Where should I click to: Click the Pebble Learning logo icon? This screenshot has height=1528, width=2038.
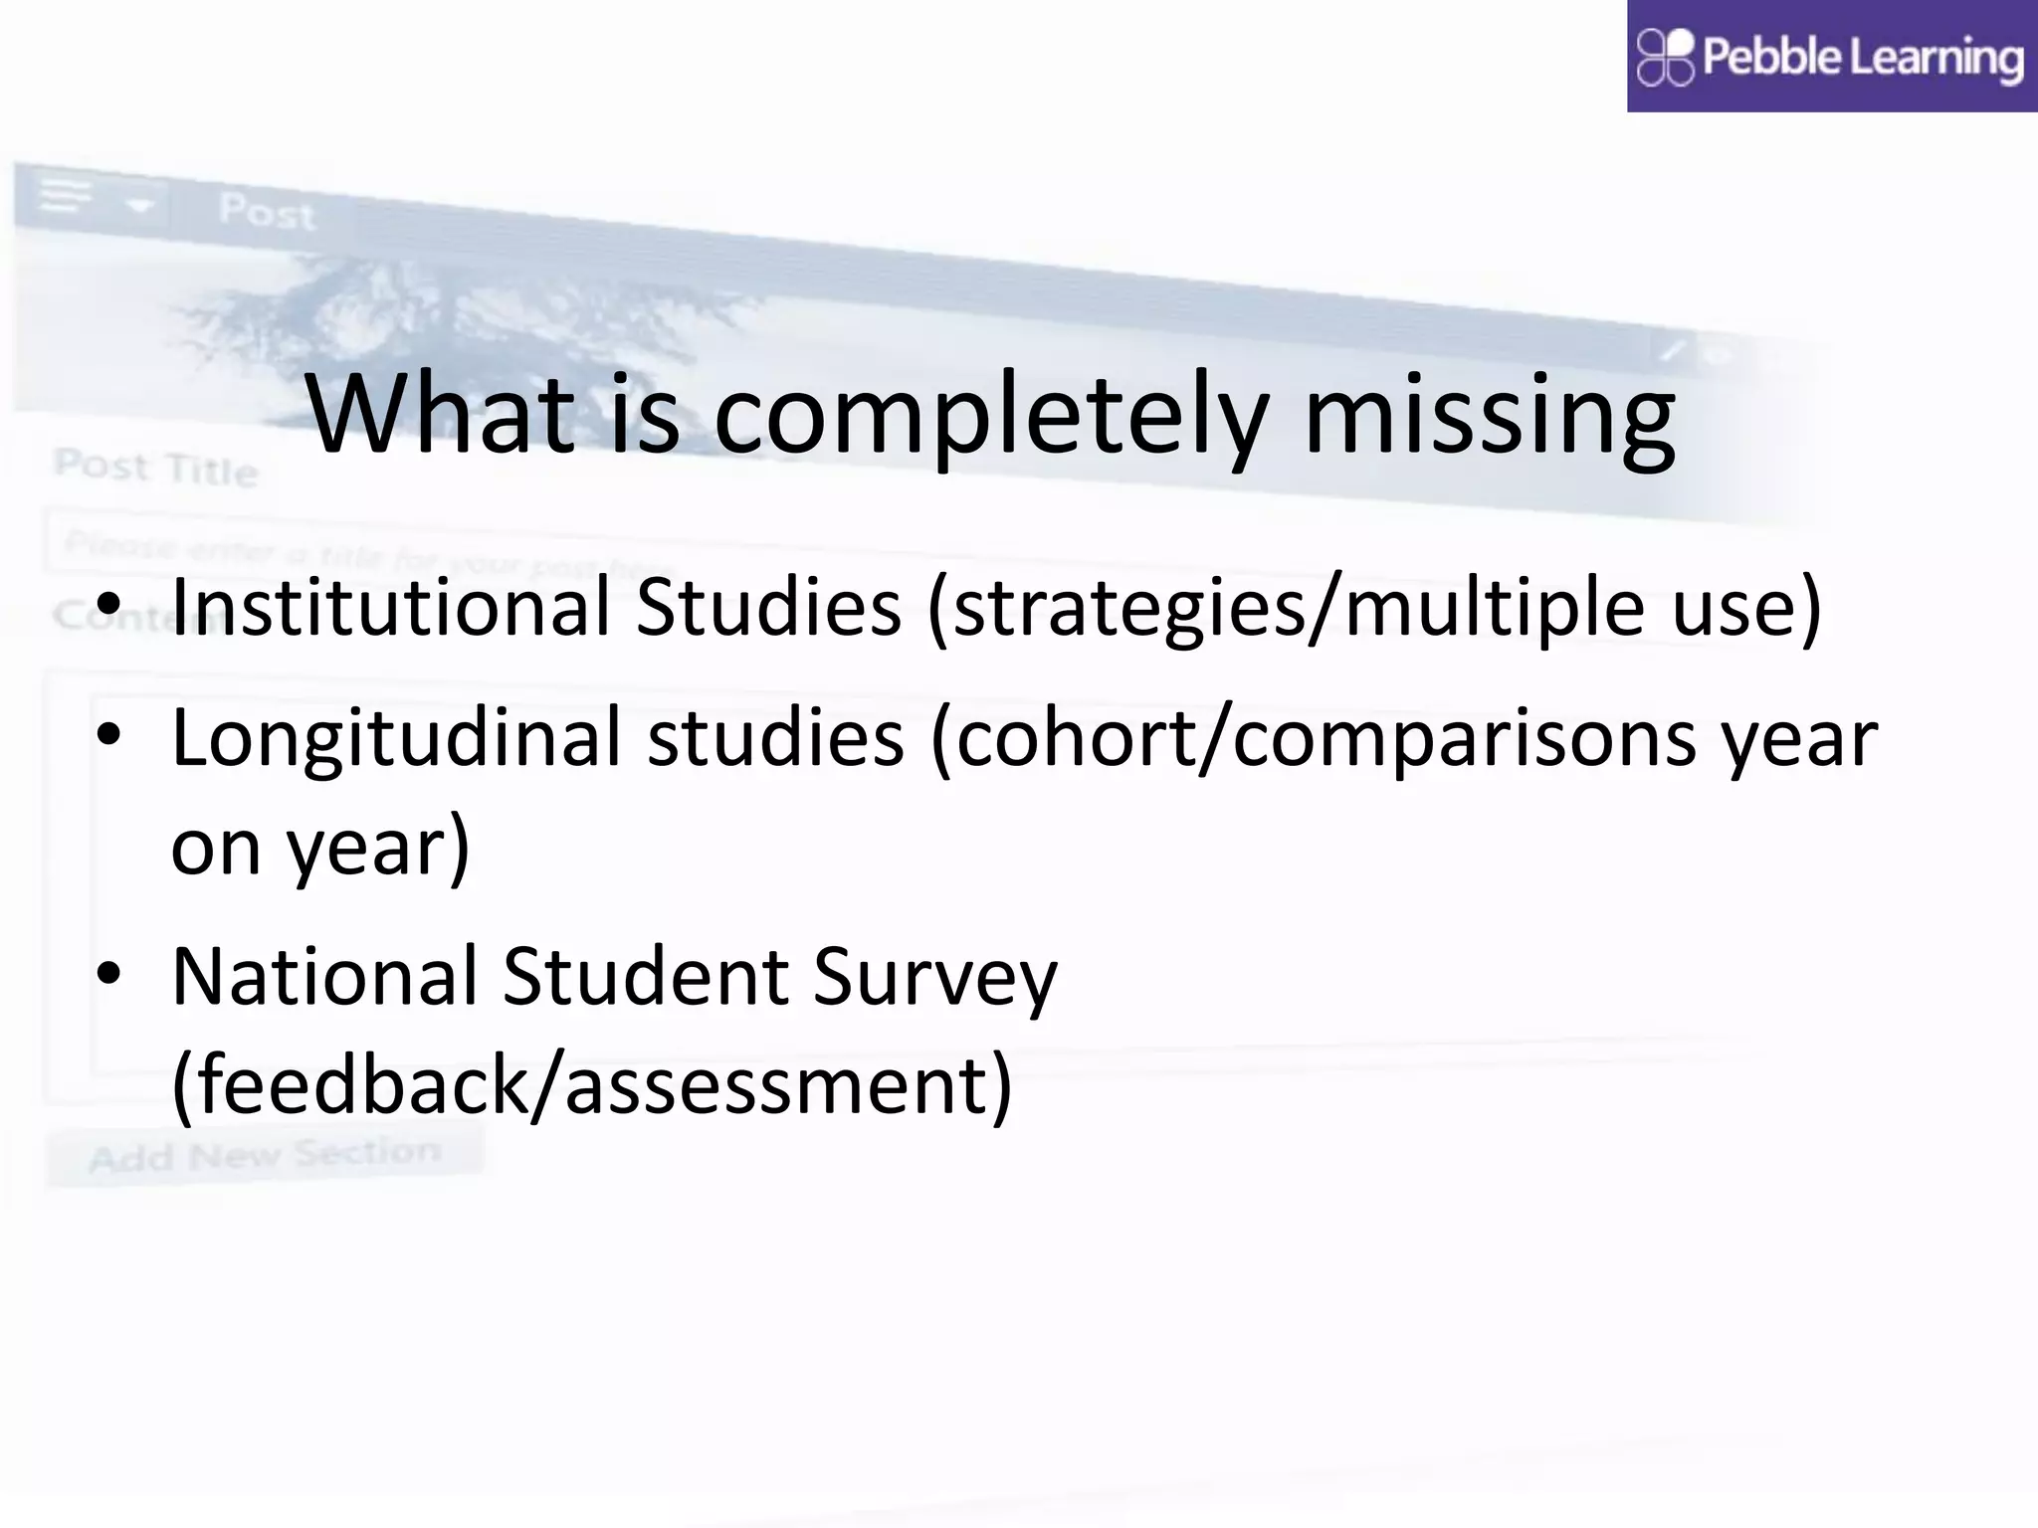(x=1665, y=57)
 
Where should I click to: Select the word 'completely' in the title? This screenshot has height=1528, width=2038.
(x=991, y=416)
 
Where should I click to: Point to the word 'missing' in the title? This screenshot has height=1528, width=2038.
(x=1490, y=416)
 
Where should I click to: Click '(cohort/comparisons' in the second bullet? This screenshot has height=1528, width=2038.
(x=1314, y=738)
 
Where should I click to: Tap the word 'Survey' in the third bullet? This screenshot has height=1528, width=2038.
(x=934, y=978)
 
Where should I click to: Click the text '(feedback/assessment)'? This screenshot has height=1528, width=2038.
(x=591, y=1084)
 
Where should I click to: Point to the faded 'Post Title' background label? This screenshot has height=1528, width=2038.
(x=155, y=467)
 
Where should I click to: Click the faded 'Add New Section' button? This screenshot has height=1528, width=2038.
(x=265, y=1155)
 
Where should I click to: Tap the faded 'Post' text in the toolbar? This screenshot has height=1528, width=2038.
(x=266, y=211)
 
